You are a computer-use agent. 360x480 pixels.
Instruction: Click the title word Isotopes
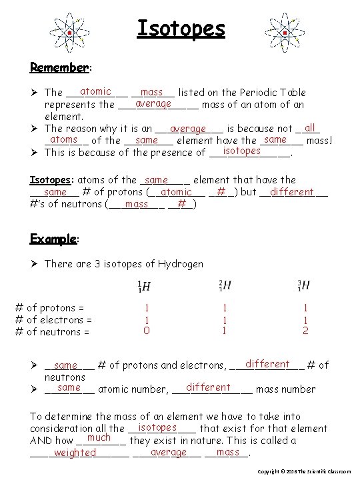[181, 29]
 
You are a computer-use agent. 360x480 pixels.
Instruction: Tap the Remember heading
[60, 67]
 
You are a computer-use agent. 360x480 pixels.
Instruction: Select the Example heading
[54, 239]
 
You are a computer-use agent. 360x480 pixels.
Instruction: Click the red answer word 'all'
[309, 127]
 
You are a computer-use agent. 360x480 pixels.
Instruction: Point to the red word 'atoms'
[64, 139]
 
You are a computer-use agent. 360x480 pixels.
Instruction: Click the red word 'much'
[99, 438]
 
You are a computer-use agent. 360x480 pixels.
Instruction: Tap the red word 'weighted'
[75, 453]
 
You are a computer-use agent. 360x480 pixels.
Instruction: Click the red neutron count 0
[146, 330]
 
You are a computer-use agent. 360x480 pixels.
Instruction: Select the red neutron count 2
[305, 330]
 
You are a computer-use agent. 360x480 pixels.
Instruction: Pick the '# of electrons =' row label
[53, 319]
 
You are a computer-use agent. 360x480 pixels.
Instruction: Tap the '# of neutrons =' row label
[52, 331]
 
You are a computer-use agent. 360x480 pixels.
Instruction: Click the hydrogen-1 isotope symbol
[144, 286]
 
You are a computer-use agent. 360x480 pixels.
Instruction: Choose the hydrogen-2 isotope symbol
[224, 285]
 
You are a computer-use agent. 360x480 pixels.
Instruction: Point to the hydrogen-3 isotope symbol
[303, 285]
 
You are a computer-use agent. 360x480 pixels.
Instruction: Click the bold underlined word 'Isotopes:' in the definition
[52, 180]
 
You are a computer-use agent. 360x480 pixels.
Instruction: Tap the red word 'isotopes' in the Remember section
[241, 151]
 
